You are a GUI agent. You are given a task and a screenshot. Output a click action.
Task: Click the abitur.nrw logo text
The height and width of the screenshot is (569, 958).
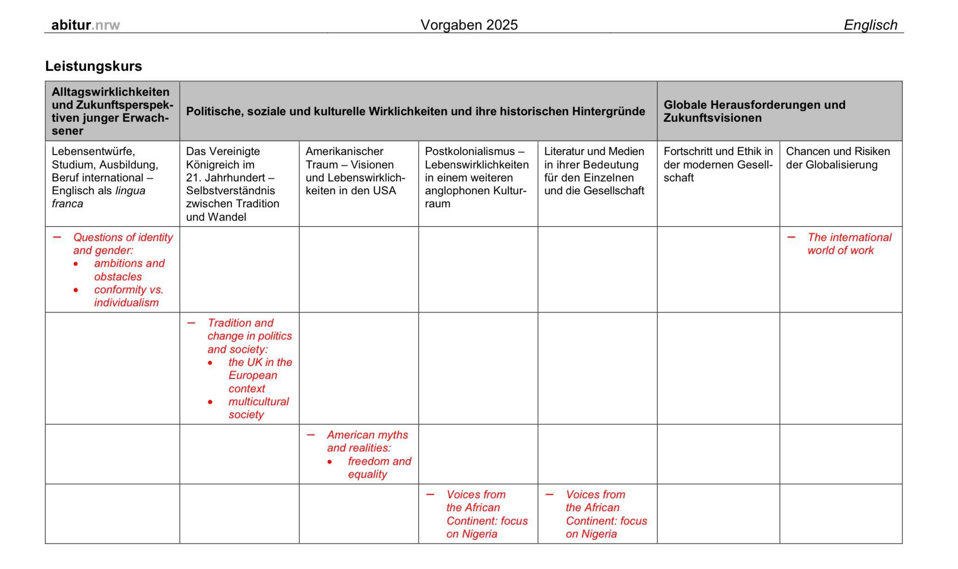[x=86, y=25]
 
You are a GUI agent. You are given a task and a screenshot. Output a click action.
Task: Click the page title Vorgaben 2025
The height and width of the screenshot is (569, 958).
[x=469, y=25]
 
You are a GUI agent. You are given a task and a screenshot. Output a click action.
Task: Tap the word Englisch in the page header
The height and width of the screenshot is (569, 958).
[x=870, y=25]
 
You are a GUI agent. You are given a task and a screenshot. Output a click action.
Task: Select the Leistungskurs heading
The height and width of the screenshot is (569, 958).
[x=93, y=66]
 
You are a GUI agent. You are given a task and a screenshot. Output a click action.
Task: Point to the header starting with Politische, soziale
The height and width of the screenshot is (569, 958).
[x=415, y=111]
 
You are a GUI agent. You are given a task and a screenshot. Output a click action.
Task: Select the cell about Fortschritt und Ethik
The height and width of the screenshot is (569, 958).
[x=717, y=164]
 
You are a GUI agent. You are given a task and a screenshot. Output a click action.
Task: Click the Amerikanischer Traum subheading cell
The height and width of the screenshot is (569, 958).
[x=355, y=171]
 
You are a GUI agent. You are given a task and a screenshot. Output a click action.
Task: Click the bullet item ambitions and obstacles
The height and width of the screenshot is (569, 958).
[x=129, y=270]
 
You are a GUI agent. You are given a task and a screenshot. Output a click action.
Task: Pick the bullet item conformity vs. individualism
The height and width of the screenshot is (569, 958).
[x=128, y=296]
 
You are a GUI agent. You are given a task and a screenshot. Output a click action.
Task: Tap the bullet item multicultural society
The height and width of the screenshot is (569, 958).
[x=258, y=408]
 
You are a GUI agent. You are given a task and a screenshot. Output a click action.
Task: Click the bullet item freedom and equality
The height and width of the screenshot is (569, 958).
[x=379, y=468]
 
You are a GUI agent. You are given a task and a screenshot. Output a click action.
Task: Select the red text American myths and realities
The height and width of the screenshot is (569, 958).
[x=367, y=441]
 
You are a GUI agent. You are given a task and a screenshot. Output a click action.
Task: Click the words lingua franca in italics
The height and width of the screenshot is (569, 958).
[x=98, y=197]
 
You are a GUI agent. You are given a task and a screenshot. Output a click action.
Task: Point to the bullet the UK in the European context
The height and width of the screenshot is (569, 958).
[x=260, y=375]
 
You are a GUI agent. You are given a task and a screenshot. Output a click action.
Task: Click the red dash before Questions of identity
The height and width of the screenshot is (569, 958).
[x=57, y=237]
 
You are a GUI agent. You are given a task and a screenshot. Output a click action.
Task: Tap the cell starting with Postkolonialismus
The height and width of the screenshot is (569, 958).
[x=476, y=177]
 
